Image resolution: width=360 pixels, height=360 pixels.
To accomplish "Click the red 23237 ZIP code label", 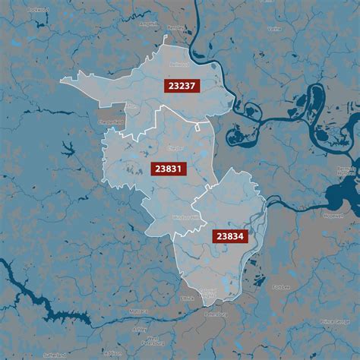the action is tap(181, 86).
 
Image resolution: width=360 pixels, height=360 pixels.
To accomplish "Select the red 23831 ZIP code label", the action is tap(168, 168).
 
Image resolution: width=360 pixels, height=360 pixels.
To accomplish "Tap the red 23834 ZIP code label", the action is tap(229, 236).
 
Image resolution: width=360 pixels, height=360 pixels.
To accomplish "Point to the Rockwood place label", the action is tap(36, 11).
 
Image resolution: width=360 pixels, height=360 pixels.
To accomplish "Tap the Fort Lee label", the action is tap(283, 286).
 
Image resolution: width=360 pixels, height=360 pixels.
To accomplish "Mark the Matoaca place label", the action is tap(117, 311).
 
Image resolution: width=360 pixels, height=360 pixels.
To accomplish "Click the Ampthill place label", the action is tap(149, 24).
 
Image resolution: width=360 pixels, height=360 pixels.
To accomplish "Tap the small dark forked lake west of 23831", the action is tap(66, 147).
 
